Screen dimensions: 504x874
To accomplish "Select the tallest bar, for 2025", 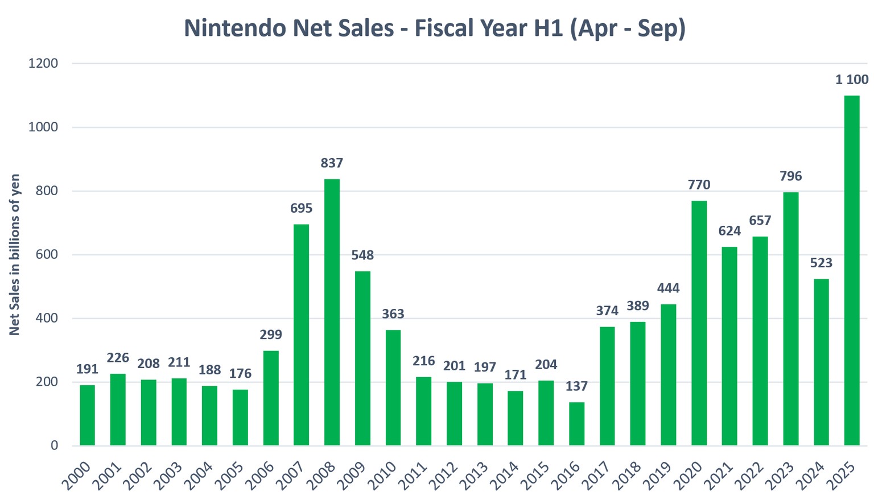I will tap(852, 270).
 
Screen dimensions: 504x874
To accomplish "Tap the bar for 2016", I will tap(576, 423).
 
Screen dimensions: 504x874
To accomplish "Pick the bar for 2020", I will tap(699, 323).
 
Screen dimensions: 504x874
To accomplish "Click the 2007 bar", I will tap(301, 334).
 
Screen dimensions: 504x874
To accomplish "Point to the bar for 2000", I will tap(87, 415).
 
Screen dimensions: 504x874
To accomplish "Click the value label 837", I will tap(332, 163).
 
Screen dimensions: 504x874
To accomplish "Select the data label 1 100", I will tap(852, 80).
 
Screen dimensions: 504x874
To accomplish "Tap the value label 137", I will tap(576, 386).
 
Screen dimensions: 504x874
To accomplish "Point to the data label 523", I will tap(821, 263).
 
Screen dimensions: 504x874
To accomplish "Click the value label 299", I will tap(270, 334).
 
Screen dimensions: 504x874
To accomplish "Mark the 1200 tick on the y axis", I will tap(43, 64).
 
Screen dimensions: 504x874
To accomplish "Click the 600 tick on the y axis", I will tap(47, 255).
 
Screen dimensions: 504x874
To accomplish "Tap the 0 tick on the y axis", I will tap(54, 445).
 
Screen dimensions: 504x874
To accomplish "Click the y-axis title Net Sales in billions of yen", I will tap(15, 254).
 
